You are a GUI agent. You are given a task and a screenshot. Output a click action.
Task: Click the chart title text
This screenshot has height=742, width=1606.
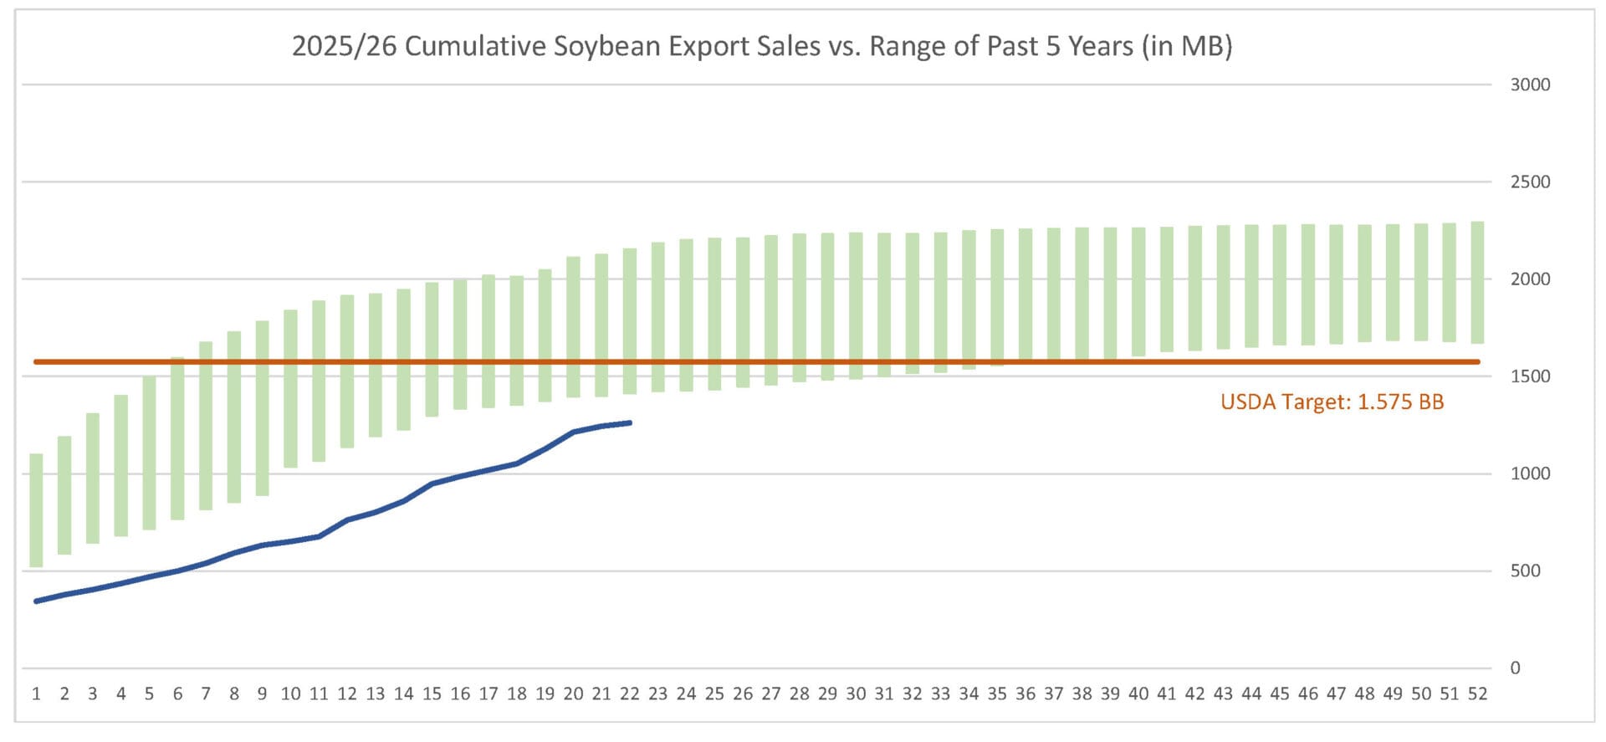(761, 46)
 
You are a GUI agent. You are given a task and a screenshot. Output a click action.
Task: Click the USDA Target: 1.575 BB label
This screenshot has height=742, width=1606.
(1332, 402)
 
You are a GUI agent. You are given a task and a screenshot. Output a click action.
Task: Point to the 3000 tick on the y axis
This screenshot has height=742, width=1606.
(1530, 84)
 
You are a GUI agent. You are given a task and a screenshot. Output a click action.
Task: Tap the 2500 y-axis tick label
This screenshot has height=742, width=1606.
(1530, 182)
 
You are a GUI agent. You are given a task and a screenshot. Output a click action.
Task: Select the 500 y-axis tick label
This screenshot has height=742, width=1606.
(1525, 571)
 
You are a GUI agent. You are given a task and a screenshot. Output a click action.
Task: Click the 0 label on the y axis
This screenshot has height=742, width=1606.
(1515, 668)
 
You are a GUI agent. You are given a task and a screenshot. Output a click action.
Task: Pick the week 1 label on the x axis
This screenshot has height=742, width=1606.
(36, 693)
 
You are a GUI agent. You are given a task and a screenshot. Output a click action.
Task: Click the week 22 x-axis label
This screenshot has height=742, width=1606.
(630, 693)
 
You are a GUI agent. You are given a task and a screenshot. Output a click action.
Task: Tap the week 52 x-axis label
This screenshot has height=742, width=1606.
(1477, 693)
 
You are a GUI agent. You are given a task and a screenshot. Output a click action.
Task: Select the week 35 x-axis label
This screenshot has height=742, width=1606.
(997, 693)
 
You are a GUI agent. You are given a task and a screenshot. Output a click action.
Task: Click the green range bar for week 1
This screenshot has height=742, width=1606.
(36, 510)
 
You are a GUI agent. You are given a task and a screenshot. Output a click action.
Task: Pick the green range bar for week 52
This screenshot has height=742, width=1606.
(1477, 283)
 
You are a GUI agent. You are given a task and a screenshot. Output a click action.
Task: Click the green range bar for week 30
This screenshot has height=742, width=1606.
(856, 306)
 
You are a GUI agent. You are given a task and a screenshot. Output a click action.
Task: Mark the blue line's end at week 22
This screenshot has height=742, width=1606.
(630, 423)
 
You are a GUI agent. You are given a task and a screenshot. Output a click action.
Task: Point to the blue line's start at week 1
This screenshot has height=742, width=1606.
(36, 601)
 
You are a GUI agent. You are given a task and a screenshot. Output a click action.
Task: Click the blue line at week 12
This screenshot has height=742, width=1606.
(347, 520)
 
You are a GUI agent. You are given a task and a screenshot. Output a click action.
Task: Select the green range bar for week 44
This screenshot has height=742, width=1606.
(1251, 286)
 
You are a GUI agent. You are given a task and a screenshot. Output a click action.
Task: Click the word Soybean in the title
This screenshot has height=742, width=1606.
(608, 46)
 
